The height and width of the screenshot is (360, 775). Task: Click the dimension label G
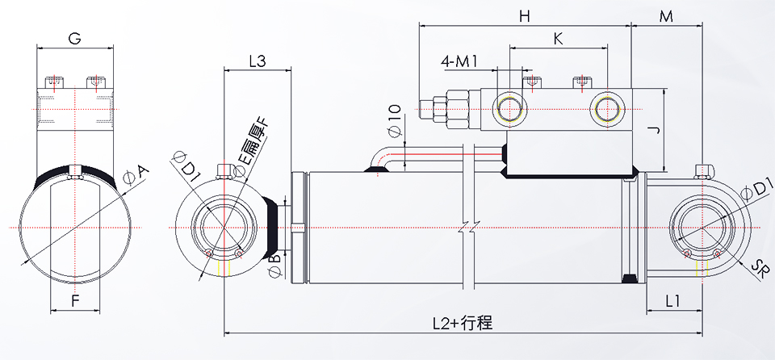point(74,38)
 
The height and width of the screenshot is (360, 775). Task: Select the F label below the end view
point(74,303)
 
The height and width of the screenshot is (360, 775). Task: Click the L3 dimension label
point(258,61)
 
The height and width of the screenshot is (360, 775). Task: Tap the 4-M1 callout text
point(460,61)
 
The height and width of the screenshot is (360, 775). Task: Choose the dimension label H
point(524,16)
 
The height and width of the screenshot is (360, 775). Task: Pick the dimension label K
point(558,38)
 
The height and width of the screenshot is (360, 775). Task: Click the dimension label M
point(667,16)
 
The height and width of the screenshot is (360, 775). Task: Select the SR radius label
point(759,268)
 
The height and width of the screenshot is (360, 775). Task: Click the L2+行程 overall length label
point(461,323)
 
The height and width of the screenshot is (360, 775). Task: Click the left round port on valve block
point(511,107)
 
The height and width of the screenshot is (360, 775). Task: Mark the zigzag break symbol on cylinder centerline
point(468,228)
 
